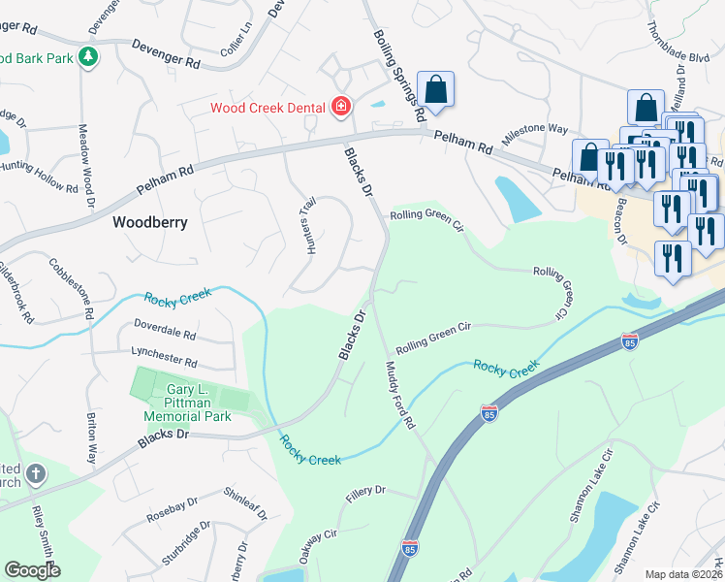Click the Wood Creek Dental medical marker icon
(340, 106)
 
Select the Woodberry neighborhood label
(149, 222)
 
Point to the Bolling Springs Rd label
(399, 75)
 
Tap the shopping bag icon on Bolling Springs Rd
(436, 89)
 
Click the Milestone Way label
(534, 129)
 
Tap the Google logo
(32, 569)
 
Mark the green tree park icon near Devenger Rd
(88, 57)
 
